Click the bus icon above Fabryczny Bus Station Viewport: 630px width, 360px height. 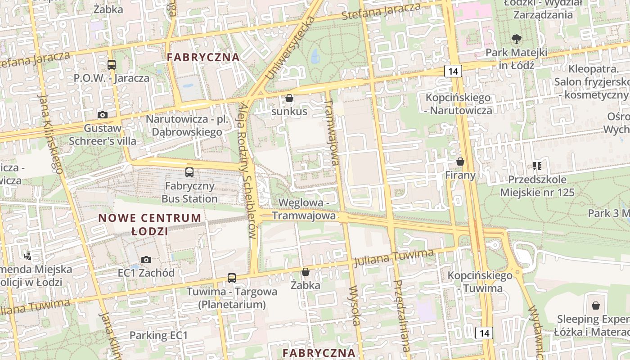coord(189,172)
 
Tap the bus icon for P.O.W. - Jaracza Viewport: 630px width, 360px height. coord(111,64)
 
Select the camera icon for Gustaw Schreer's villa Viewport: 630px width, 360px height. coord(103,115)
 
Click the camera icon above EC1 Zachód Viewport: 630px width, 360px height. coord(146,260)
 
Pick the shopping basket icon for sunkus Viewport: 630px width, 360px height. coord(289,98)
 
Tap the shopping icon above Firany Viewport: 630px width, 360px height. coord(460,161)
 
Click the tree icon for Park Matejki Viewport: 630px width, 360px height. coord(516,39)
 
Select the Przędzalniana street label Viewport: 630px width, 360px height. coord(401,315)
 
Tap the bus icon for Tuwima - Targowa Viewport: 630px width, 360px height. coord(231,278)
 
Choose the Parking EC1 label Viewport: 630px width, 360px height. coord(158,335)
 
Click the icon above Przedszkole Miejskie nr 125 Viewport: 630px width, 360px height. coord(537,166)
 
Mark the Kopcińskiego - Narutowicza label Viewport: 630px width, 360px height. coord(459,104)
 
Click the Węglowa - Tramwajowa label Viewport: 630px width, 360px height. coord(304,209)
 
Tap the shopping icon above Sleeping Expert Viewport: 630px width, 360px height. coord(596,306)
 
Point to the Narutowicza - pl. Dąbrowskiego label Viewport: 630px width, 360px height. coord(187,126)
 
